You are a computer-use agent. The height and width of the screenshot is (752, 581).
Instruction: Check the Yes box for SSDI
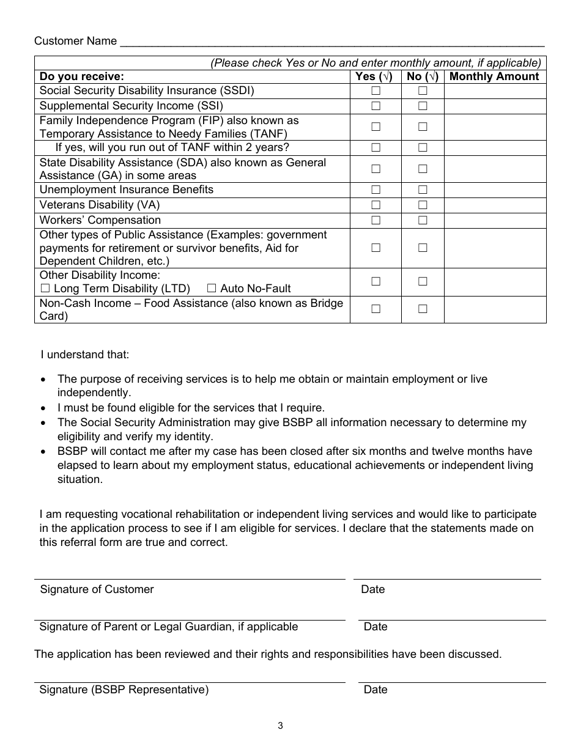tap(376, 91)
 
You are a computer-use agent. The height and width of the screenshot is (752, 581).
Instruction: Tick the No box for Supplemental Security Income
tap(423, 106)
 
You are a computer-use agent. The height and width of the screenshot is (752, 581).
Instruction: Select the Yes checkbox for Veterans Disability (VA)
tap(376, 205)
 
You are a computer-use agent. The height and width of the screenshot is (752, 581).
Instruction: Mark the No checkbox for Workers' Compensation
tap(423, 220)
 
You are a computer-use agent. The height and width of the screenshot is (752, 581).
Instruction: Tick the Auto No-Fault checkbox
tap(212, 288)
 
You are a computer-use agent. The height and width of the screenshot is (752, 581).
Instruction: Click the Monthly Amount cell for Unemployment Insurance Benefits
tap(495, 190)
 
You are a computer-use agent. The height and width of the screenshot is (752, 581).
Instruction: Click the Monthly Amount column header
tap(494, 76)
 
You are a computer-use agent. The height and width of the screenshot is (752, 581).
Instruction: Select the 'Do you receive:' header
tap(82, 76)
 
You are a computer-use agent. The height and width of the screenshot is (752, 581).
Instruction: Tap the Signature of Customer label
tap(97, 589)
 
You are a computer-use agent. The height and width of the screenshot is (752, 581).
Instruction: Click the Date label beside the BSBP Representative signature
tap(376, 690)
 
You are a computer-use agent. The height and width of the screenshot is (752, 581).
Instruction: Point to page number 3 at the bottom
tap(280, 726)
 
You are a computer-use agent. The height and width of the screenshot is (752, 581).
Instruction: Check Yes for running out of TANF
tap(376, 147)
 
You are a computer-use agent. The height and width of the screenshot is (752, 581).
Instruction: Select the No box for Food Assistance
tap(423, 309)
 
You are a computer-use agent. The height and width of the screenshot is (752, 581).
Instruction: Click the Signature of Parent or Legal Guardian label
tap(169, 627)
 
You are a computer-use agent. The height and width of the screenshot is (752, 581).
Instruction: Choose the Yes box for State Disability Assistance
tap(376, 169)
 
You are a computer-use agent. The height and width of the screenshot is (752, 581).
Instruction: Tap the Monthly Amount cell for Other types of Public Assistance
tap(495, 248)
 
